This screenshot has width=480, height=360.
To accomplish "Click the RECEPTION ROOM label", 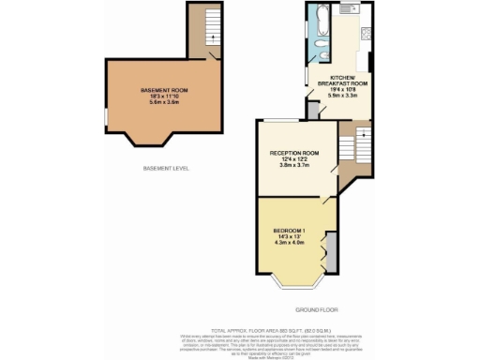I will click(294, 153).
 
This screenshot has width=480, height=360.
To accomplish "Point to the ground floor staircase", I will click(355, 144).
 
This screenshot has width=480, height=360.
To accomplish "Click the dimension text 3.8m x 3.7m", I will click(294, 165).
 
